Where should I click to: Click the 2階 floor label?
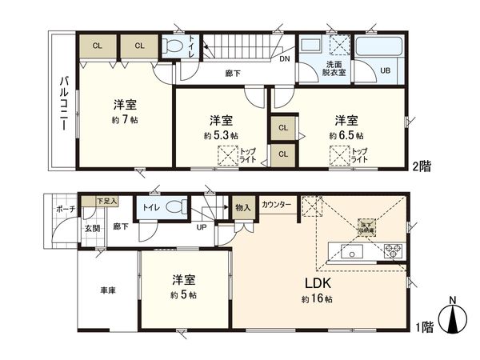pos(423,166)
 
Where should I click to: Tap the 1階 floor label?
pos(423,327)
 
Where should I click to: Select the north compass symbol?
pos(453,317)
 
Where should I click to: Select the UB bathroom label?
pos(386,70)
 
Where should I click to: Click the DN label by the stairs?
pos(285,58)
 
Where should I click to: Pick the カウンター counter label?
pos(276,205)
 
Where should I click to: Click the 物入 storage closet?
pos(242,208)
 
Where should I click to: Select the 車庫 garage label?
pos(107,290)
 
